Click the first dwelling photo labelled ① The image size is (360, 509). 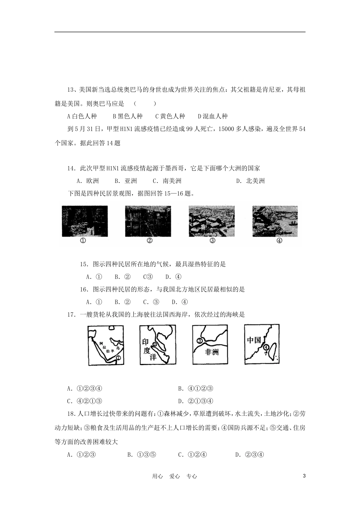[85, 221]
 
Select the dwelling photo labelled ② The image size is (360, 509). [148, 221]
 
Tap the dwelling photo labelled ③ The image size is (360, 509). [211, 221]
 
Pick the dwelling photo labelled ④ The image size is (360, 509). [275, 221]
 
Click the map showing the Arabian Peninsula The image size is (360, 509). [106, 345]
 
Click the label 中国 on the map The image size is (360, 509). [254, 340]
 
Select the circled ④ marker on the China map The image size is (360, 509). [267, 347]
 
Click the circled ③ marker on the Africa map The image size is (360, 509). [199, 341]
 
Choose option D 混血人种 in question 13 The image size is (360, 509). [213, 116]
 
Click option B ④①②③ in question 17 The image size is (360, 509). [196, 388]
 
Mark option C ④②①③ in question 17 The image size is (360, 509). [85, 401]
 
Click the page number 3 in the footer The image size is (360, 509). [304, 476]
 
